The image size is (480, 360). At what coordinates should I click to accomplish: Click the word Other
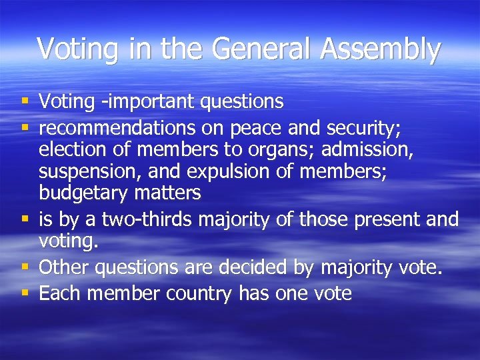64,267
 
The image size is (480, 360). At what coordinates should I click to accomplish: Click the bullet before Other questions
25,267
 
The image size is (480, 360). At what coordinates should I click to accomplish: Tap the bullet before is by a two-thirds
25,218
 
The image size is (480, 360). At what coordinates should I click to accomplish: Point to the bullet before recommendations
25,125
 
